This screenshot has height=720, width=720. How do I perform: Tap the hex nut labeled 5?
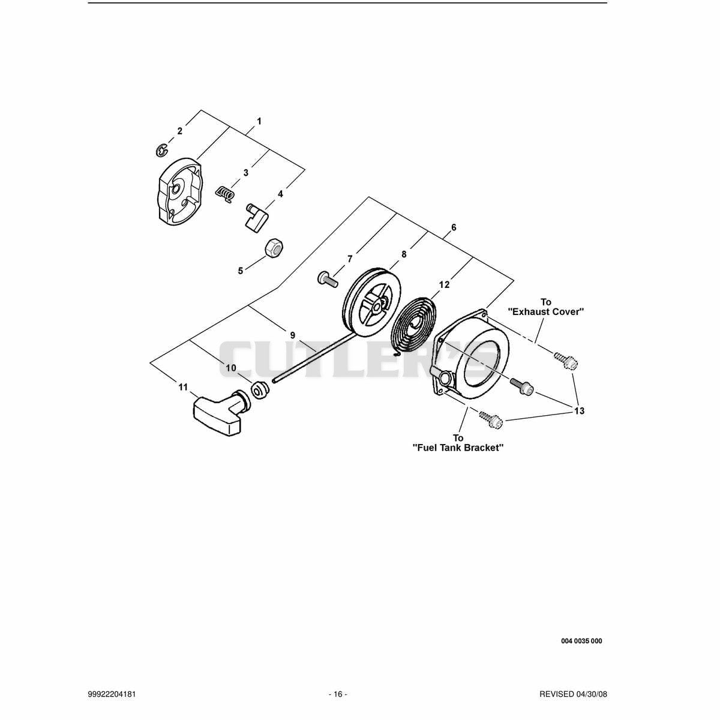[x=274, y=248]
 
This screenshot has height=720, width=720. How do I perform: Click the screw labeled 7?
[x=328, y=280]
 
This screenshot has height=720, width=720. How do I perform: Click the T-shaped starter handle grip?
[x=218, y=412]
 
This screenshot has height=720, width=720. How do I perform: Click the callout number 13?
[x=579, y=411]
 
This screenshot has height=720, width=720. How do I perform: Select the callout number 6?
[x=454, y=227]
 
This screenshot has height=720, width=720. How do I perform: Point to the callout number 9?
[x=293, y=335]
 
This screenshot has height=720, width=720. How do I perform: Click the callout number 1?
[x=259, y=121]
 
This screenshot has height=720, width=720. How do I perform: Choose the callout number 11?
[x=183, y=387]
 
